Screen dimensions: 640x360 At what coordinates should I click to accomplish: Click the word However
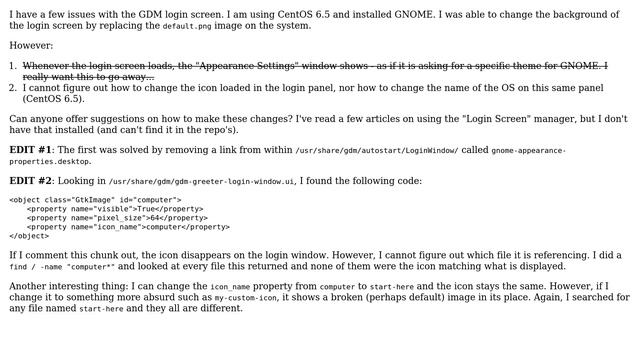[31, 46]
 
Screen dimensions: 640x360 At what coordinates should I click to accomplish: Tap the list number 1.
[13, 66]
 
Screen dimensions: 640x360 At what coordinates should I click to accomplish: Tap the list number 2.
[13, 88]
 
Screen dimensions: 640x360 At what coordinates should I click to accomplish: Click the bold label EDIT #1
[30, 150]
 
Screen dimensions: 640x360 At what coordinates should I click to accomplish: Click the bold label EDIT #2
[30, 181]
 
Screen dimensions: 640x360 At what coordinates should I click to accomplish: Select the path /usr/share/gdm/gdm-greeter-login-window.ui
[201, 182]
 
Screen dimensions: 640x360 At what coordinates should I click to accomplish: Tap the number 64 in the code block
[151, 218]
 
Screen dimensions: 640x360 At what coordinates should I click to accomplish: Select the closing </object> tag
[29, 236]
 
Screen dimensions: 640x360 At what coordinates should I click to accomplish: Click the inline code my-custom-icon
[246, 298]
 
